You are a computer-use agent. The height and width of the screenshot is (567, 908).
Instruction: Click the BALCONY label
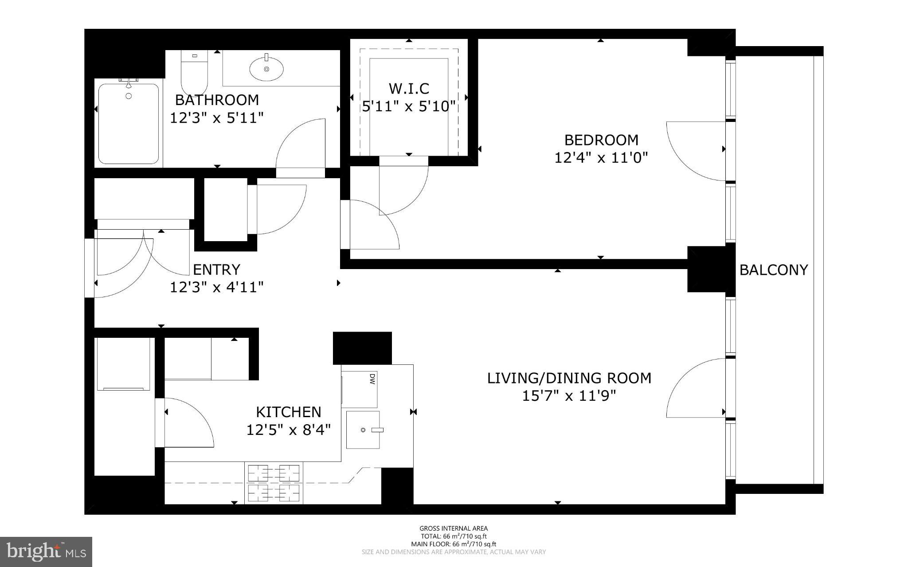(x=774, y=270)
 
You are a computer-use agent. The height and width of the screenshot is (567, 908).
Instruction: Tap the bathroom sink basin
(x=266, y=69)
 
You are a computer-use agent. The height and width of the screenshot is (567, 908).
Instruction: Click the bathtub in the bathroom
(x=129, y=125)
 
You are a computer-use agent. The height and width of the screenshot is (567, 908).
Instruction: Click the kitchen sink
(x=363, y=430)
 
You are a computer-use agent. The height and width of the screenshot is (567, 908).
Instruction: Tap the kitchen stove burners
(x=274, y=483)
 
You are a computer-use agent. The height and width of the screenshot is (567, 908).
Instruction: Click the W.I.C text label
(x=409, y=89)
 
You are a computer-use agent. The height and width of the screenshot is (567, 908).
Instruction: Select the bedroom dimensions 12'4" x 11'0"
(x=601, y=158)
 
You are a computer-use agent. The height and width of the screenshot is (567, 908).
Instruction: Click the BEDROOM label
(x=601, y=140)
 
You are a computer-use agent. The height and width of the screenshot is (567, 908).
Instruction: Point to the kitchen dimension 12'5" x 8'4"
(x=289, y=430)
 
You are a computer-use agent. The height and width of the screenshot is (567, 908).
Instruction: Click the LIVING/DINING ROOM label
(x=569, y=378)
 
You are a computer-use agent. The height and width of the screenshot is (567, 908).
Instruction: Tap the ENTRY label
(x=216, y=270)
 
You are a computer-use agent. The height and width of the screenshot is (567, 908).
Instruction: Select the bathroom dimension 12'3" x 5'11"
(x=217, y=118)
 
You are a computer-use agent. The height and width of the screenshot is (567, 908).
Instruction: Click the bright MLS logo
(x=46, y=551)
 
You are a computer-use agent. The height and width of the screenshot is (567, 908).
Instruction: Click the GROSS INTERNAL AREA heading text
(x=454, y=528)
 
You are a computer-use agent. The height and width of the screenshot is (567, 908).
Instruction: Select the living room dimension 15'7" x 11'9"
(x=569, y=396)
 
